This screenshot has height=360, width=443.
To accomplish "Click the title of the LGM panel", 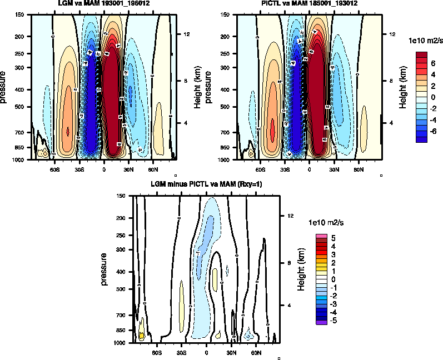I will point(99,4).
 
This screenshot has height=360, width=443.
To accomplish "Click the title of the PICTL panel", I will point(309,4).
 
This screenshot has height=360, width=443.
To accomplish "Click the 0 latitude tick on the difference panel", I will point(207,352).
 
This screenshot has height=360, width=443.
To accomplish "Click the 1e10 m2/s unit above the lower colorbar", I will point(326,222).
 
